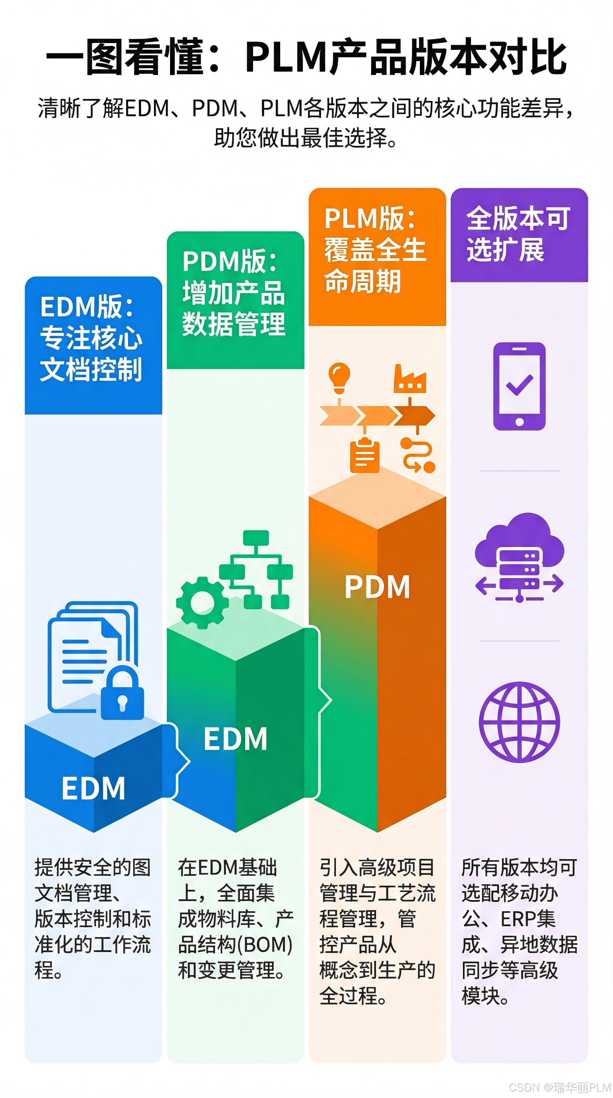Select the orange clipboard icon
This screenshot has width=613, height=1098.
[x=364, y=455]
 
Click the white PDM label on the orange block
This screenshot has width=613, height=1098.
[x=377, y=587]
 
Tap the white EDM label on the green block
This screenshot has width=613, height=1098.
[x=235, y=739]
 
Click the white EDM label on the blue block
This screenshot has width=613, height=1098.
[x=93, y=788]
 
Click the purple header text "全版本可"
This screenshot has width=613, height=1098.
[x=518, y=218]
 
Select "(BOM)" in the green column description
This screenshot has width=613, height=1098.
[x=264, y=944]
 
